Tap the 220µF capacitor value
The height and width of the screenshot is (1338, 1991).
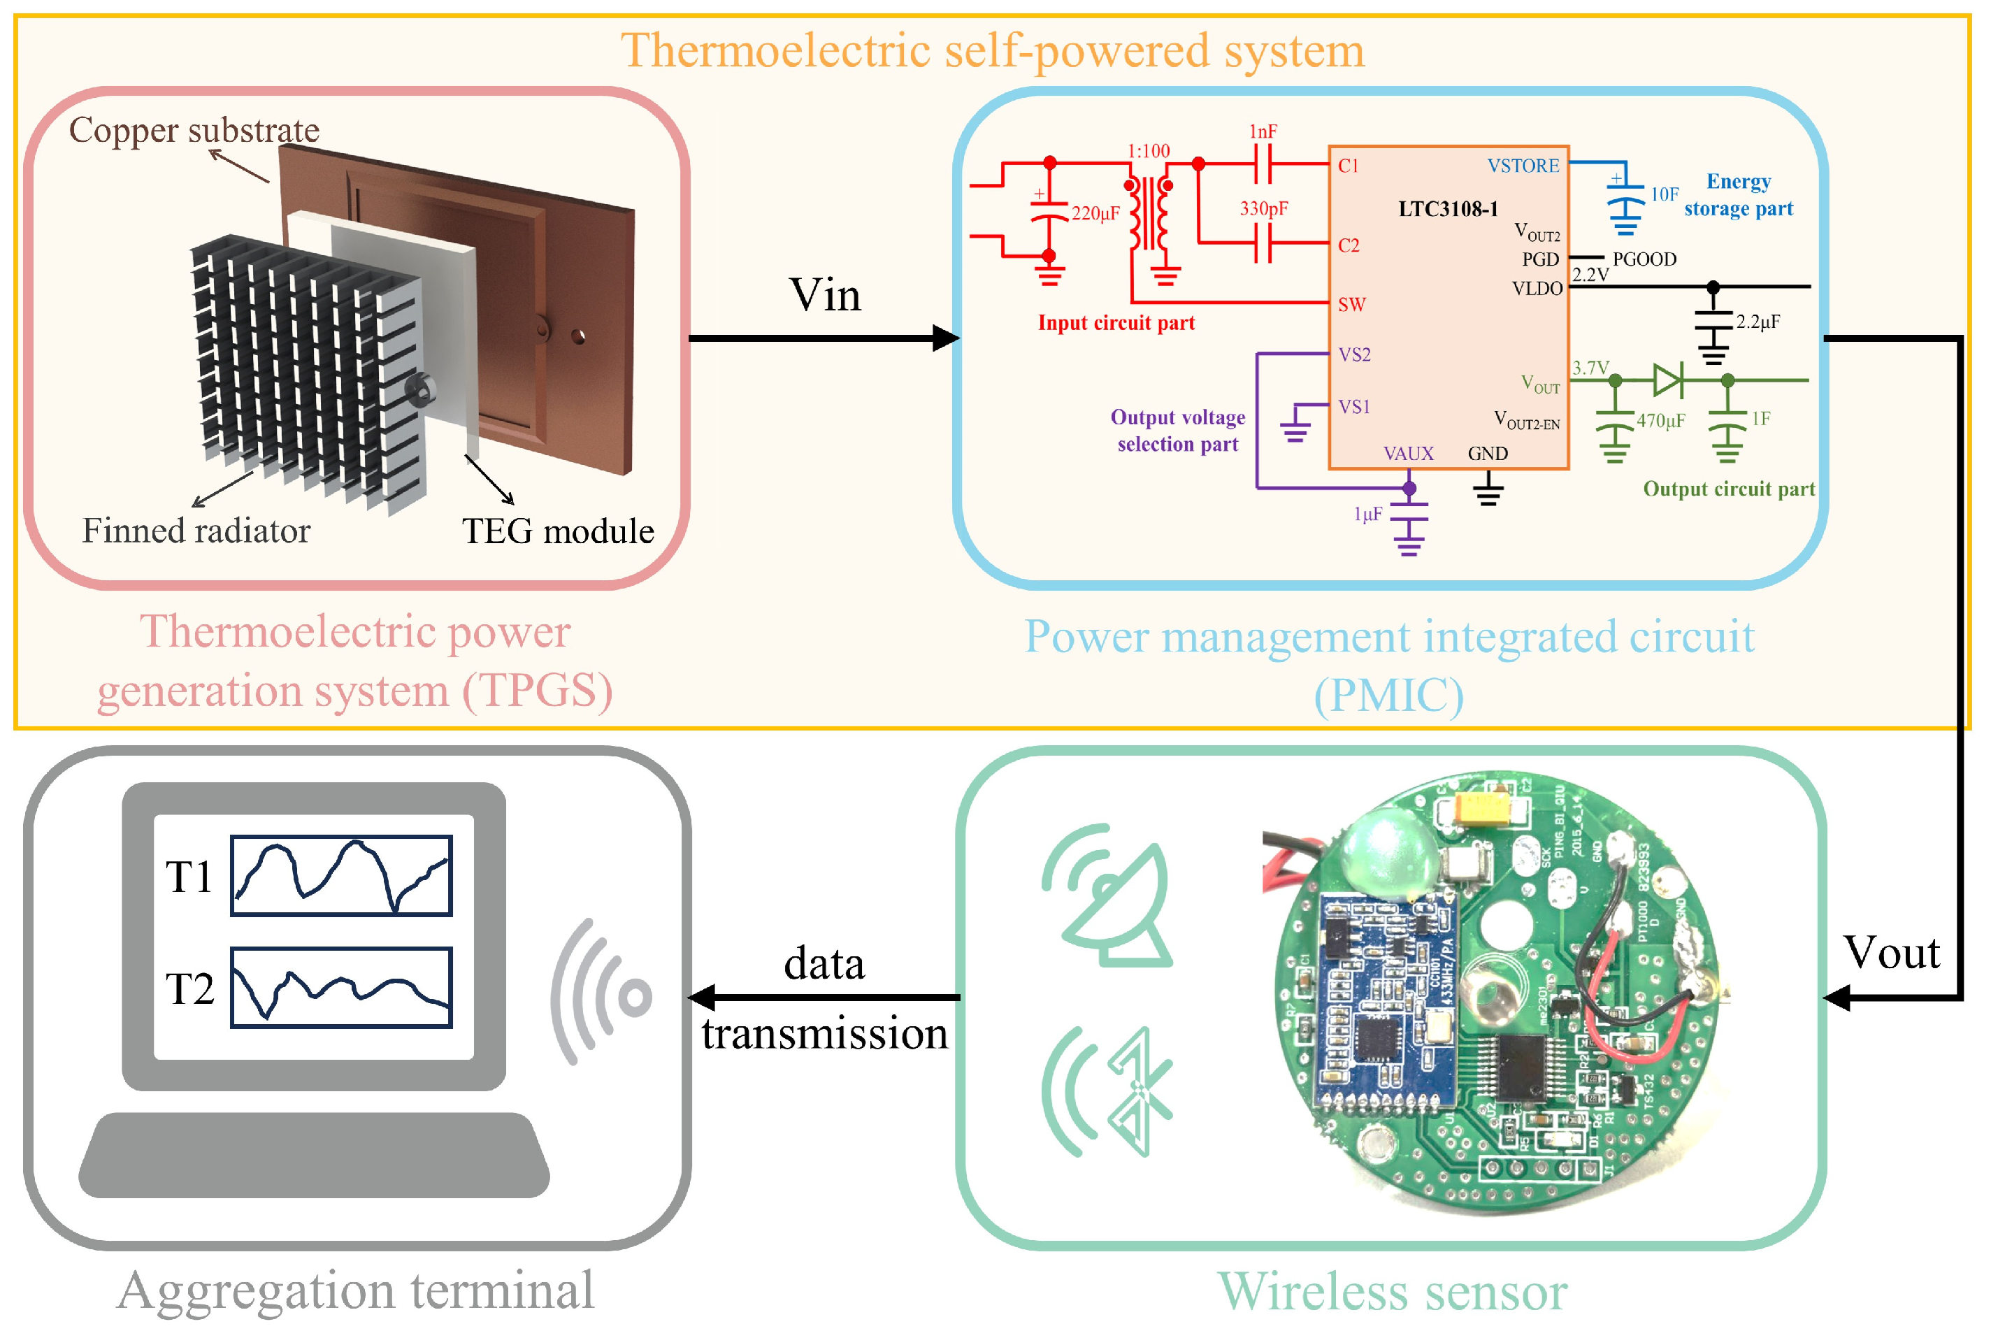pos(1095,213)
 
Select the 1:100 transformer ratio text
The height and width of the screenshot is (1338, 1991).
pos(1148,151)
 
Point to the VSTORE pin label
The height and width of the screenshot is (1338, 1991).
pos(1523,166)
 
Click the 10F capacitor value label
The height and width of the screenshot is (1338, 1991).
pos(1664,194)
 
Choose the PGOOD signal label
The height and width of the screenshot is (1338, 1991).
pos(1644,259)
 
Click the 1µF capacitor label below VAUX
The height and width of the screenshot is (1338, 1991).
pos(1367,514)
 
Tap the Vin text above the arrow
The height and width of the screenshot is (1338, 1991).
pos(824,295)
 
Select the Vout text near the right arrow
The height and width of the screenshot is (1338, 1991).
pos(1891,952)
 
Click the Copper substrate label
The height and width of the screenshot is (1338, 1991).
pos(194,131)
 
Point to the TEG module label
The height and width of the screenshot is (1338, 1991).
pos(557,531)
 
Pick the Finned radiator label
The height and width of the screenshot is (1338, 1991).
pos(196,531)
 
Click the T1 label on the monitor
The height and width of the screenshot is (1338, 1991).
pos(189,877)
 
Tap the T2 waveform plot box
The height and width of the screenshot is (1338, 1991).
pos(340,987)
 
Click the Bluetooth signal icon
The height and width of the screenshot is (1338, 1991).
pos(1109,1092)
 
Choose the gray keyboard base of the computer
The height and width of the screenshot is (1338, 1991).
pos(313,1156)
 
